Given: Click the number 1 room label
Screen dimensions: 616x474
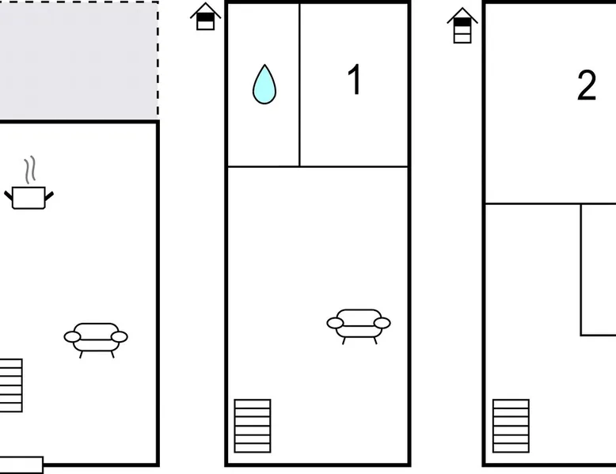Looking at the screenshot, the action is (355, 79).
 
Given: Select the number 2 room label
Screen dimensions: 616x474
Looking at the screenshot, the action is (587, 85).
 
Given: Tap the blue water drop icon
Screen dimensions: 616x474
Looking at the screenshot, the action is (264, 85).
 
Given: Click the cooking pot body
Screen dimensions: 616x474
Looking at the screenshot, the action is (29, 198).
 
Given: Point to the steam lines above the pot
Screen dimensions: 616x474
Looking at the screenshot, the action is (30, 169).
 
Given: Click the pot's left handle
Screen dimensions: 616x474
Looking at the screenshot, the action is (8, 195).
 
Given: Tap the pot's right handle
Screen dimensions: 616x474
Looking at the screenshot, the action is (49, 195).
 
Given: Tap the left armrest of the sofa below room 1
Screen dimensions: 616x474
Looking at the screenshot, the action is (335, 323).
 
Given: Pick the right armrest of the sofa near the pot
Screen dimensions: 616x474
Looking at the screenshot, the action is (120, 336).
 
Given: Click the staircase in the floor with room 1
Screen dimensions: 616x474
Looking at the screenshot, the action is (253, 426).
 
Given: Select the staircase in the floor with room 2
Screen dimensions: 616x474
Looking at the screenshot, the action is (511, 426).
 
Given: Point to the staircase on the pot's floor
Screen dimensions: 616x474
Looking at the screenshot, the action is (11, 385).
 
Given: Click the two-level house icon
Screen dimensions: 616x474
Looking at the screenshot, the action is (205, 17).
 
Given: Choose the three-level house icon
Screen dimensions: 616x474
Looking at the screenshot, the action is (462, 25).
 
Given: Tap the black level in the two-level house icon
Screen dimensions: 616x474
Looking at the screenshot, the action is (205, 17).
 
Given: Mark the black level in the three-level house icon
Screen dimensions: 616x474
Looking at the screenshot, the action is (462, 22).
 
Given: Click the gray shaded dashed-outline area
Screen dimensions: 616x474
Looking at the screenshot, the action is (79, 60).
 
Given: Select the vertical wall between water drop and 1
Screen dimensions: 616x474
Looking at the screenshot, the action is (299, 85).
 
